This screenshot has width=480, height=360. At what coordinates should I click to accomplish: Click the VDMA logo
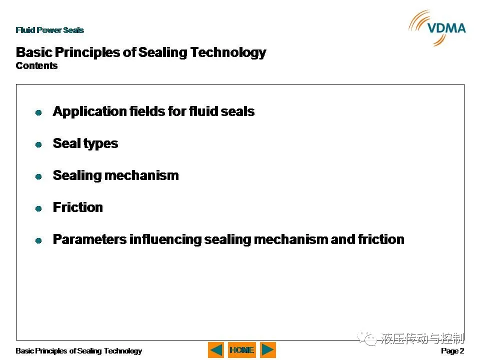pos(437,28)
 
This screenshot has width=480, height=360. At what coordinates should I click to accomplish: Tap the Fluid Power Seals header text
pos(50,30)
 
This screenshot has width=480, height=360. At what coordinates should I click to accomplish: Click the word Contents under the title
pos(36,65)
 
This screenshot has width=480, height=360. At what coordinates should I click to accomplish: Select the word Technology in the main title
pos(228,52)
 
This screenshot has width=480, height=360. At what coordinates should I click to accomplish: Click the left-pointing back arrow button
pos(216,350)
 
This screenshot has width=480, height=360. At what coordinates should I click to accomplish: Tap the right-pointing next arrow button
pos(268,350)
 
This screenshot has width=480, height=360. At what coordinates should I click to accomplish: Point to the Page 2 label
pos(452,351)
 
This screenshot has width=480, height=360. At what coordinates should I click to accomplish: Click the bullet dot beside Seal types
pos(38,144)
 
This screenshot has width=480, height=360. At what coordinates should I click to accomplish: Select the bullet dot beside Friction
pos(38,208)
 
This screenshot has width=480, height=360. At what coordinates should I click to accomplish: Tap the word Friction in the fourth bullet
pos(78,207)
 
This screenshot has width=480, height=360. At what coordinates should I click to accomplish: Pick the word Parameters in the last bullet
pos(89,239)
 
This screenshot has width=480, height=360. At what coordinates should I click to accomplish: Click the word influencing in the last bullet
pos(165,239)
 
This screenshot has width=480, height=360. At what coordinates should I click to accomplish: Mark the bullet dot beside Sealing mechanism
pos(38,176)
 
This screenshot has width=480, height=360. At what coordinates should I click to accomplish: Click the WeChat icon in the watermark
pos(367,338)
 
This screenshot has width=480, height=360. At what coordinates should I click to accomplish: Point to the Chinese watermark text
pos(422,338)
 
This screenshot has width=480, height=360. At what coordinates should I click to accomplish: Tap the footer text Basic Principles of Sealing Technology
pos(78,351)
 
